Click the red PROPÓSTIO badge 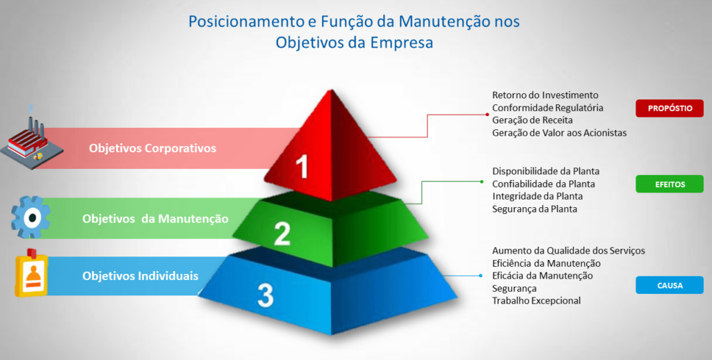(x=670, y=108)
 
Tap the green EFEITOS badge (x=670, y=184)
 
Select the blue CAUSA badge (x=670, y=285)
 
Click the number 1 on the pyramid (x=302, y=166)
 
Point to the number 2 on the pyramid (x=282, y=234)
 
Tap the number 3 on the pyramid (x=266, y=295)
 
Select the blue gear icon (x=31, y=217)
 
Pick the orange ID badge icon (x=31, y=273)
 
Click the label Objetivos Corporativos (x=152, y=149)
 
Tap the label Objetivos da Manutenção (x=155, y=219)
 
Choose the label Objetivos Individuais (x=140, y=276)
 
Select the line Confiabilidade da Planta (x=544, y=184)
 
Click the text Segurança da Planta (x=535, y=209)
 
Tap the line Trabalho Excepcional (x=536, y=300)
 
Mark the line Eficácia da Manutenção (x=542, y=276)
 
